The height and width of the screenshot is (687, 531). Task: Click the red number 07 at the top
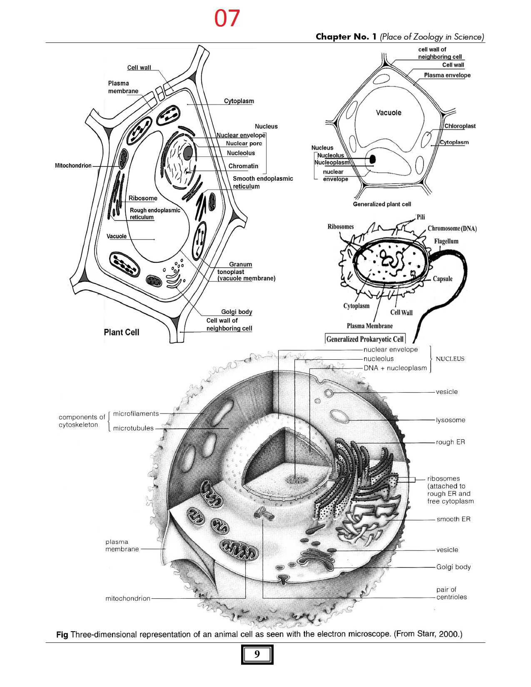[227, 18]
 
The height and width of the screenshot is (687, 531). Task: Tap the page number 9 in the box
[257, 654]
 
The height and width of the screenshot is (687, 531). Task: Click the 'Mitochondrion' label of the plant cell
[73, 166]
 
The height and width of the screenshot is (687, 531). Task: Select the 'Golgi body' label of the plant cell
[237, 312]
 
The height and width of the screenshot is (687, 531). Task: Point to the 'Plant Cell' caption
[122, 332]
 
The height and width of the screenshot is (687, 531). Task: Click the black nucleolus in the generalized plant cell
[372, 159]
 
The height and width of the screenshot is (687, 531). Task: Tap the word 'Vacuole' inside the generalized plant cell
[389, 113]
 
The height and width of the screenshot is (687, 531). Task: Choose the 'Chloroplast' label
[460, 126]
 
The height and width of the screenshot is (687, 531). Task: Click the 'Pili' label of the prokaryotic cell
[421, 217]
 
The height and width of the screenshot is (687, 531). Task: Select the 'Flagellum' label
[446, 241]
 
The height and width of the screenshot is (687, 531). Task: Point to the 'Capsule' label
[442, 279]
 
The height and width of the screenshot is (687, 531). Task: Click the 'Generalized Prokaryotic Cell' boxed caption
[365, 339]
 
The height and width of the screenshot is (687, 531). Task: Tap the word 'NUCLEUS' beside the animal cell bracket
[450, 359]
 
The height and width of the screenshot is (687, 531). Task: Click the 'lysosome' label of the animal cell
[450, 420]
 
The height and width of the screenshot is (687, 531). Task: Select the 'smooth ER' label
[453, 519]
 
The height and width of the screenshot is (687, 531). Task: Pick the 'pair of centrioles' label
[451, 593]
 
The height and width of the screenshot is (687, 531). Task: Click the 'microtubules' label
[133, 428]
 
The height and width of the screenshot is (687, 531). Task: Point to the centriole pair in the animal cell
[264, 514]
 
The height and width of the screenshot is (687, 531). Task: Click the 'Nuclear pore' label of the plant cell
[244, 144]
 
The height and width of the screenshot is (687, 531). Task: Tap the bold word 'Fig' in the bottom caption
[62, 635]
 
